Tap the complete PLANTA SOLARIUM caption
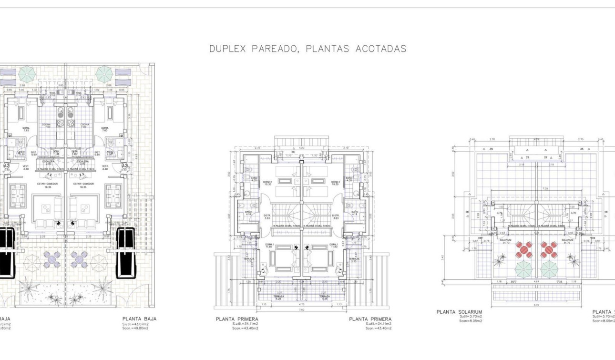pyautogui.click(x=459, y=312)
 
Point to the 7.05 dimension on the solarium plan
pyautogui.click(x=538, y=188)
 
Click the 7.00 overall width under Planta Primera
pyautogui.click(x=301, y=309)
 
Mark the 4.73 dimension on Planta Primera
pyautogui.click(x=301, y=304)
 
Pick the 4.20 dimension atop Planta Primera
pyautogui.click(x=301, y=148)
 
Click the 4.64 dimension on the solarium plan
pyautogui.click(x=537, y=282)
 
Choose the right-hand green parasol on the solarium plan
pyautogui.click(x=549, y=269)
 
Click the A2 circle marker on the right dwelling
pyautogui.click(x=125, y=166)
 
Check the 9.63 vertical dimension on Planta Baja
pyautogui.click(x=137, y=155)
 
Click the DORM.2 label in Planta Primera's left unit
pyautogui.click(x=268, y=183)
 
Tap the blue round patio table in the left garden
pyautogui.click(x=51, y=259)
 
